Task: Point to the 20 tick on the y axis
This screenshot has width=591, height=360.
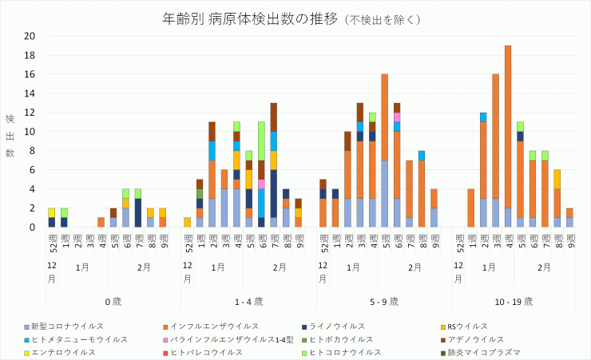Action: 30,36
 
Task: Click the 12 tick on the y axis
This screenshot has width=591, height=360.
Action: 30,113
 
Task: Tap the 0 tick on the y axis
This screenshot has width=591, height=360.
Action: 32,227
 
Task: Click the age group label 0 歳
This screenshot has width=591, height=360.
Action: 113,301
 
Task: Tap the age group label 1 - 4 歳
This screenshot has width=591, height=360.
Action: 248,301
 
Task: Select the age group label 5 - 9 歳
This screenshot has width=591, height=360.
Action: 384,301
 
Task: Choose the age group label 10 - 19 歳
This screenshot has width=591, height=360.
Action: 520,301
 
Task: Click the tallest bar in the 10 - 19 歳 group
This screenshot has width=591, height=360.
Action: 508,136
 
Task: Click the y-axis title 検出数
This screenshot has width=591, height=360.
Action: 10,136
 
